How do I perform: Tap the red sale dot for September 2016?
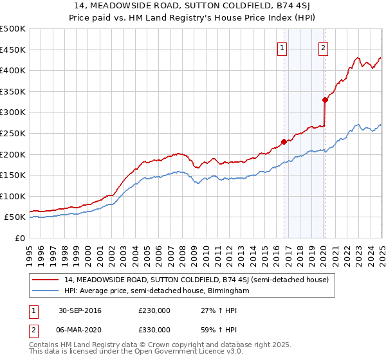284,142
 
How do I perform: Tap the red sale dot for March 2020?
325,100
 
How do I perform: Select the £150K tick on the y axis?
13,175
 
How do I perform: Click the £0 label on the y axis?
20,238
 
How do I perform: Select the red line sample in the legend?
45,280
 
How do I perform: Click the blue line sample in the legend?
45,291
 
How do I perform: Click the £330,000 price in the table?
154,329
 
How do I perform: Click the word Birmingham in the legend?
228,291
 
